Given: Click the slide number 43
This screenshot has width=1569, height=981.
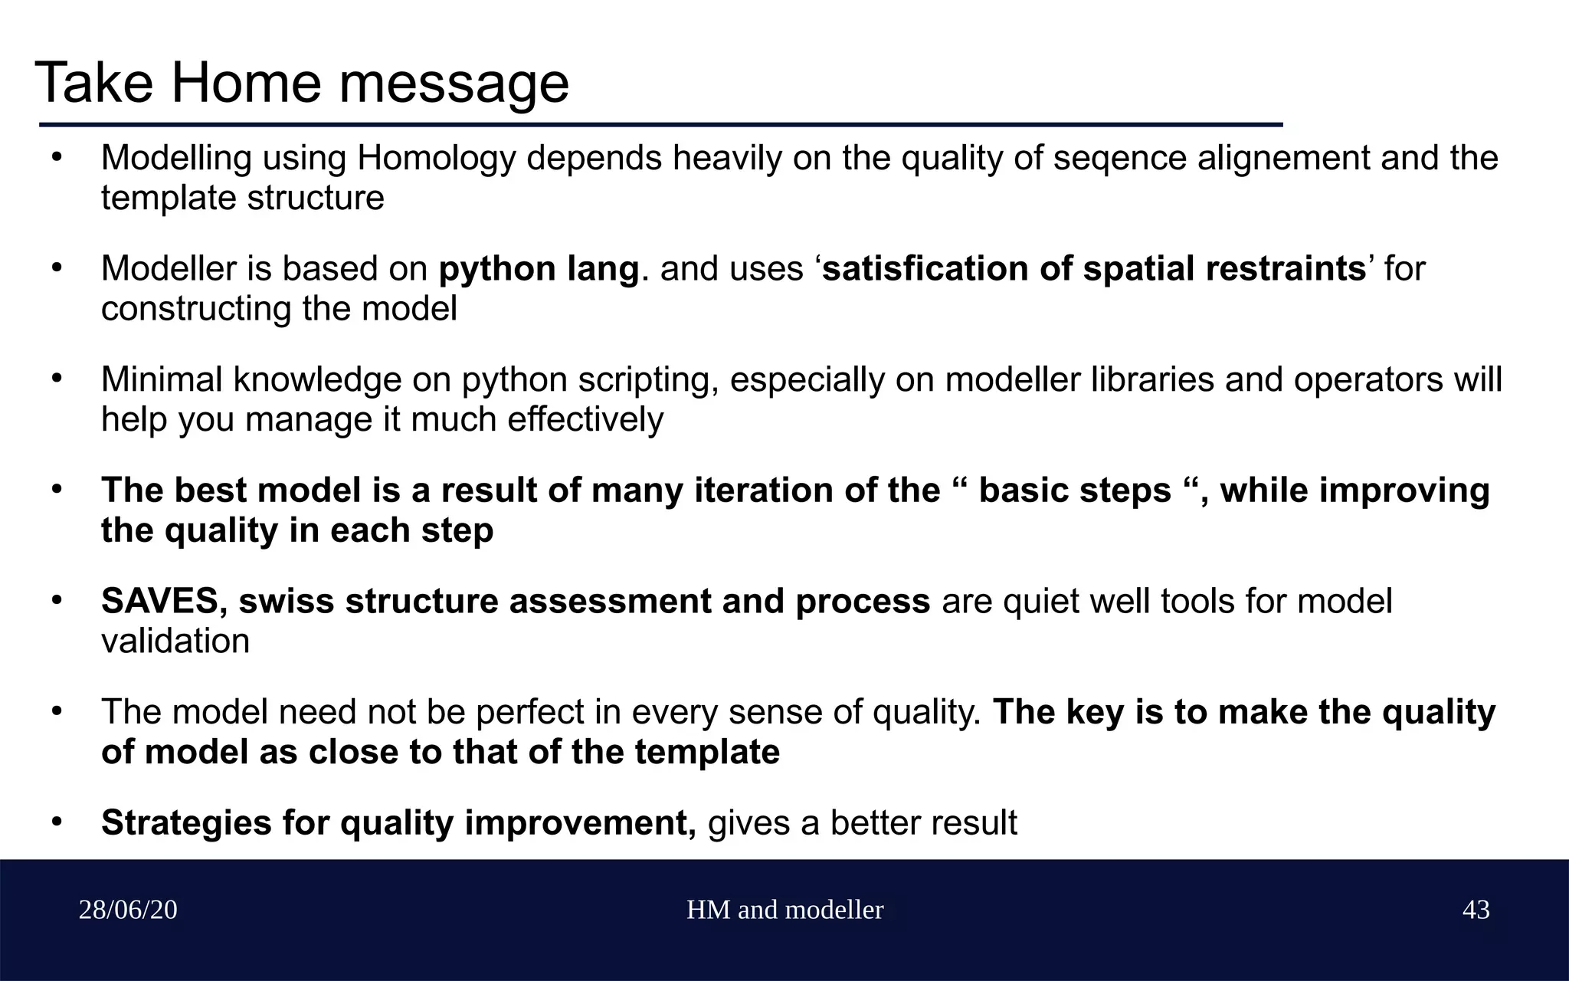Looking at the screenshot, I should pos(1476,910).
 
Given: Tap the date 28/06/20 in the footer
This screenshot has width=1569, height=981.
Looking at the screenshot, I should pos(128,910).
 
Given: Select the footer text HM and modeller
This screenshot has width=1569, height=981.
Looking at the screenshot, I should pos(784,910).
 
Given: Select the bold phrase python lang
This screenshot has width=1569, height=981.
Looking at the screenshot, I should pos(539,269).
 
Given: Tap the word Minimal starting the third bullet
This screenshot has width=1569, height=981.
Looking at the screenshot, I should pos(161,380).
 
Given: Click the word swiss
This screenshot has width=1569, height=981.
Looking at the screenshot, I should pos(286,602).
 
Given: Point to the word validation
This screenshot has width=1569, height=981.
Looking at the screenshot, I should pos(175,641).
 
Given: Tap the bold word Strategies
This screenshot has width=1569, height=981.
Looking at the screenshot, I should pos(185,823).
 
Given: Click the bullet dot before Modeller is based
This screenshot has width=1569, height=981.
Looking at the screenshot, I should pos(56,269).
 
